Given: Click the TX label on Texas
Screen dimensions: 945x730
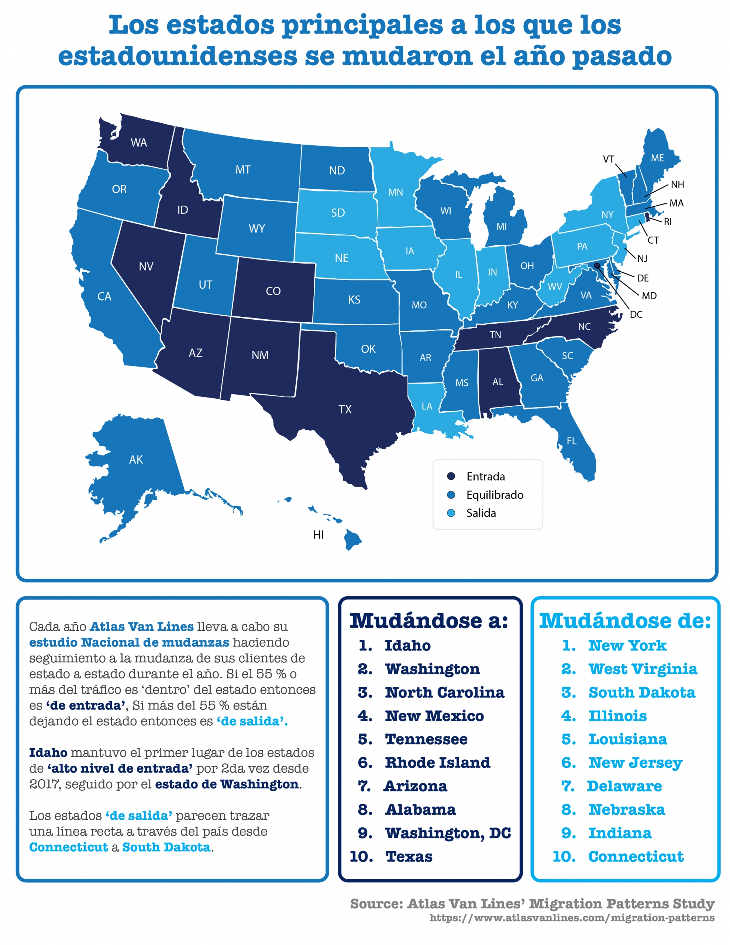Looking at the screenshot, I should tap(345, 409).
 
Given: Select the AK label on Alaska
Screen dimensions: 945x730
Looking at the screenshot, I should tap(136, 460).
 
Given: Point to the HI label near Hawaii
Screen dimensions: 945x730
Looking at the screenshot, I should tap(318, 535).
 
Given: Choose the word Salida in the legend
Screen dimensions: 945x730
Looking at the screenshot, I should tap(481, 513).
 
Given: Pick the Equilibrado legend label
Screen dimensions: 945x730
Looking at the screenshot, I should tap(495, 495).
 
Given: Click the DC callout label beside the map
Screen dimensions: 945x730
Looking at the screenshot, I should tap(636, 315).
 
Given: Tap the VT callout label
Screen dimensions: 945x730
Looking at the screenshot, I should tap(609, 159).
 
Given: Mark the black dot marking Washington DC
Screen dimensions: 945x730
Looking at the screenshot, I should tap(597, 266).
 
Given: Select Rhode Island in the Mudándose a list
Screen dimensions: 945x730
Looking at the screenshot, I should tap(437, 762).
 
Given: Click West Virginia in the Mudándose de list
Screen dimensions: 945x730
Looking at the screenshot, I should tap(643, 669).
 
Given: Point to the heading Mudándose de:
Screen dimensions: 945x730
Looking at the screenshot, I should tap(625, 621).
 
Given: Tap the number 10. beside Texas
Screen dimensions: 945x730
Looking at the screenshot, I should tap(361, 856).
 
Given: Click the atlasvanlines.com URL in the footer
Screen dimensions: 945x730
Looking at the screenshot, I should tap(572, 918).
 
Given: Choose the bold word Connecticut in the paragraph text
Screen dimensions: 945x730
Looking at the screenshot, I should tap(68, 847).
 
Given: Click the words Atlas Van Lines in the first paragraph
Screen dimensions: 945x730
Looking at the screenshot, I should tap(141, 626).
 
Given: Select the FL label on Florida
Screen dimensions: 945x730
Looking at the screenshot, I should tap(572, 441).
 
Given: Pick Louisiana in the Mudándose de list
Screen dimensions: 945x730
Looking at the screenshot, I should tap(627, 739).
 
